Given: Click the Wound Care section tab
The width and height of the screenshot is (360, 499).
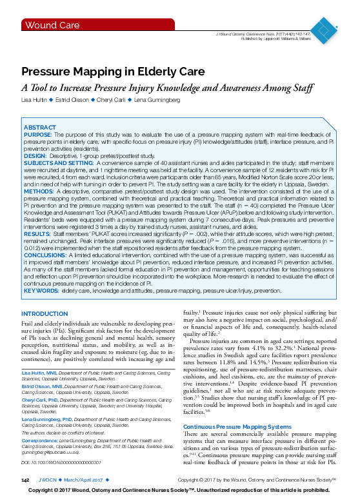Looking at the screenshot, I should click(x=47, y=25).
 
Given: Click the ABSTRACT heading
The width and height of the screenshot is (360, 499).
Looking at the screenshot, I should click(x=39, y=128).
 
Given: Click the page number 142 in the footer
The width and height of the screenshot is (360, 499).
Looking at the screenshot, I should click(x=26, y=480).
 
